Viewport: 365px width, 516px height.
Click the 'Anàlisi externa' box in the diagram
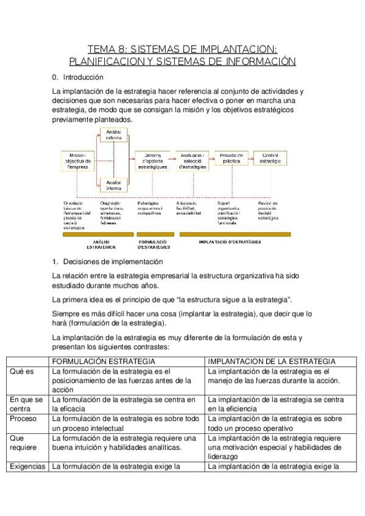(x=113, y=134)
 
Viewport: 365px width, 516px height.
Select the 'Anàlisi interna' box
(x=113, y=185)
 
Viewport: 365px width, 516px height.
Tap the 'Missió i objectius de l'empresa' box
(x=77, y=161)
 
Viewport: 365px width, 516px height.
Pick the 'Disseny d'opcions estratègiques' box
(x=152, y=161)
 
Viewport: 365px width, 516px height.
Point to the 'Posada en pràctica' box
(x=231, y=158)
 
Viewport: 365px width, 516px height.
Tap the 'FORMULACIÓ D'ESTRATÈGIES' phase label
(x=154, y=244)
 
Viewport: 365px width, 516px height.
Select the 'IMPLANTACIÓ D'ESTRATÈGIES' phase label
(x=230, y=242)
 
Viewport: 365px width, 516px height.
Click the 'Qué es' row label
(x=21, y=371)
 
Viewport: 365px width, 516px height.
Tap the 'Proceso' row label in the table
(x=23, y=419)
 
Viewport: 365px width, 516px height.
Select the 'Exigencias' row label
(x=27, y=467)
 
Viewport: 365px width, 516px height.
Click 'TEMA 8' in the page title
(x=107, y=49)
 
